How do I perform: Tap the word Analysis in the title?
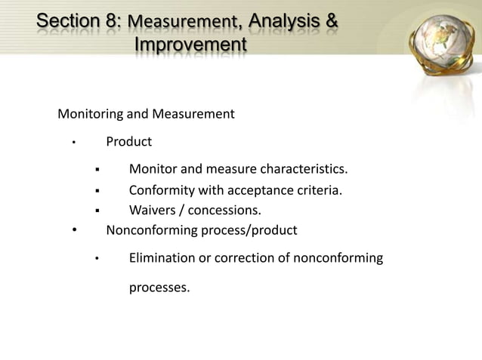tap(282, 22)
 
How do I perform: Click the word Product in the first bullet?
tap(128, 141)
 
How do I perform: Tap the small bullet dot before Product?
tap(73, 143)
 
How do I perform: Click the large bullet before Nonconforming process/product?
tap(74, 230)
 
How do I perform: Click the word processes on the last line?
tap(159, 288)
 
